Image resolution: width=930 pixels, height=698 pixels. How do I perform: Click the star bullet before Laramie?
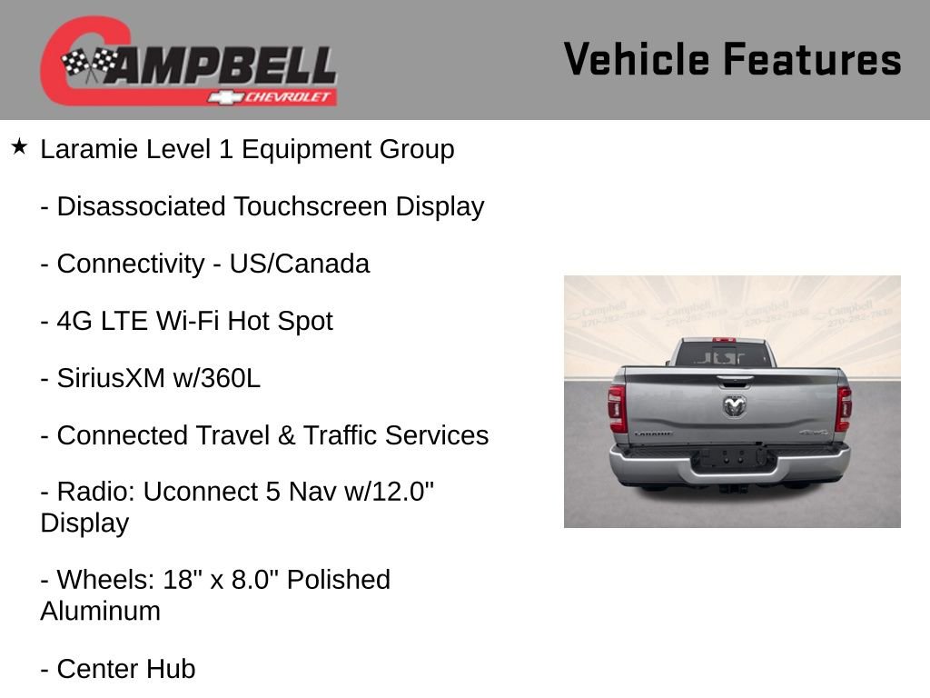tap(19, 147)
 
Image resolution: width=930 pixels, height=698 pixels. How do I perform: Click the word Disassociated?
tap(141, 206)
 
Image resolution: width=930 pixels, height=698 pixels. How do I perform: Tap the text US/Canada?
tap(299, 264)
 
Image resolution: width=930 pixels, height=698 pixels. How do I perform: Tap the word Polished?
tap(339, 580)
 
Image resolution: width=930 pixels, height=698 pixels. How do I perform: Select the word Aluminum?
tap(100, 611)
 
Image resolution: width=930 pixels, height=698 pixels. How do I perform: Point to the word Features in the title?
tap(812, 60)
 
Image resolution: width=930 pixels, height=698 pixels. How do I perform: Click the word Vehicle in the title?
tap(636, 60)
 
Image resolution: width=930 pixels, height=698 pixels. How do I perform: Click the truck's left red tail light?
tap(618, 408)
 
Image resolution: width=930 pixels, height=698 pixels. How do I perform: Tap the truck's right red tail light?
tap(844, 408)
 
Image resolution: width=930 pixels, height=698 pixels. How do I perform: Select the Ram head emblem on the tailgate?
tap(734, 405)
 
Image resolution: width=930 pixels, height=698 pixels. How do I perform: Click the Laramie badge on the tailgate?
tap(653, 434)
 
